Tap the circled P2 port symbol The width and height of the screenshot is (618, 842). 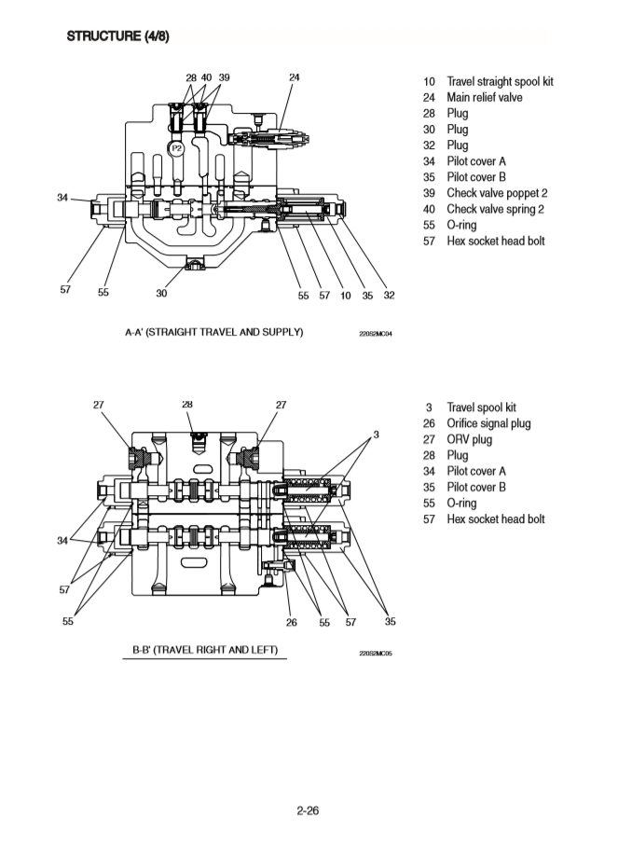point(176,147)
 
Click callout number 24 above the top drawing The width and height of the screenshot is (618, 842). point(295,78)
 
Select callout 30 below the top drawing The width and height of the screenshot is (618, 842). point(161,293)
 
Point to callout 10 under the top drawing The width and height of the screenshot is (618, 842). point(346,296)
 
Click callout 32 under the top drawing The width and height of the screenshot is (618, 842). point(389,296)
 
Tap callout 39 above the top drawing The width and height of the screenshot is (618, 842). point(224,78)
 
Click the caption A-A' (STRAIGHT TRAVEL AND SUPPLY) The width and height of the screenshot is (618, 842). point(214,332)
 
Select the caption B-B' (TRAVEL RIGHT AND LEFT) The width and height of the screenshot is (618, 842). point(205,649)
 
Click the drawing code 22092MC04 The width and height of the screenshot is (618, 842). point(376,334)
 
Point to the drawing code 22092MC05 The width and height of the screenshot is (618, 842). point(376,653)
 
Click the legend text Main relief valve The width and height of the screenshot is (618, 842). point(484,98)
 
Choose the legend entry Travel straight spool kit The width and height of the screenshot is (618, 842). point(500,82)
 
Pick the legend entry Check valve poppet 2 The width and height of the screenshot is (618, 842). point(497,193)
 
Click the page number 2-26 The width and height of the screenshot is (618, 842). point(309,811)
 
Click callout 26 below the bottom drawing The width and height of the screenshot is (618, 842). point(292,623)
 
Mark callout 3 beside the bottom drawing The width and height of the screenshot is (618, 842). point(376,435)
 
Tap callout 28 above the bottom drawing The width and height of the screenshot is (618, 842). point(188,405)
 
